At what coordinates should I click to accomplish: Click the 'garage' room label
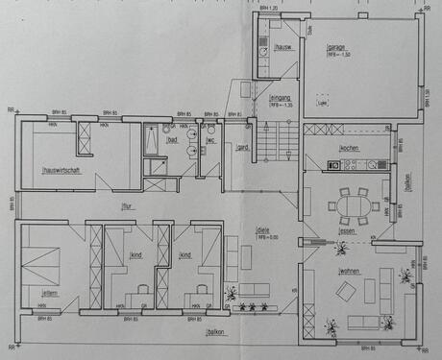coord(335,47)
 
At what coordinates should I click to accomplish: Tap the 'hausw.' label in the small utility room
coord(283,47)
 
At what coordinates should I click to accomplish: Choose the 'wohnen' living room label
coord(348,271)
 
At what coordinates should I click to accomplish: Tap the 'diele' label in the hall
coord(262,229)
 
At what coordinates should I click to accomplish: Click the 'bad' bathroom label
coord(171,140)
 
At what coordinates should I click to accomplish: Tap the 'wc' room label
coord(210,140)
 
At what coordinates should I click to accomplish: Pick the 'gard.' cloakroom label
coord(242,147)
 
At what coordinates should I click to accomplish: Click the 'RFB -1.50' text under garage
coord(335,55)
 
